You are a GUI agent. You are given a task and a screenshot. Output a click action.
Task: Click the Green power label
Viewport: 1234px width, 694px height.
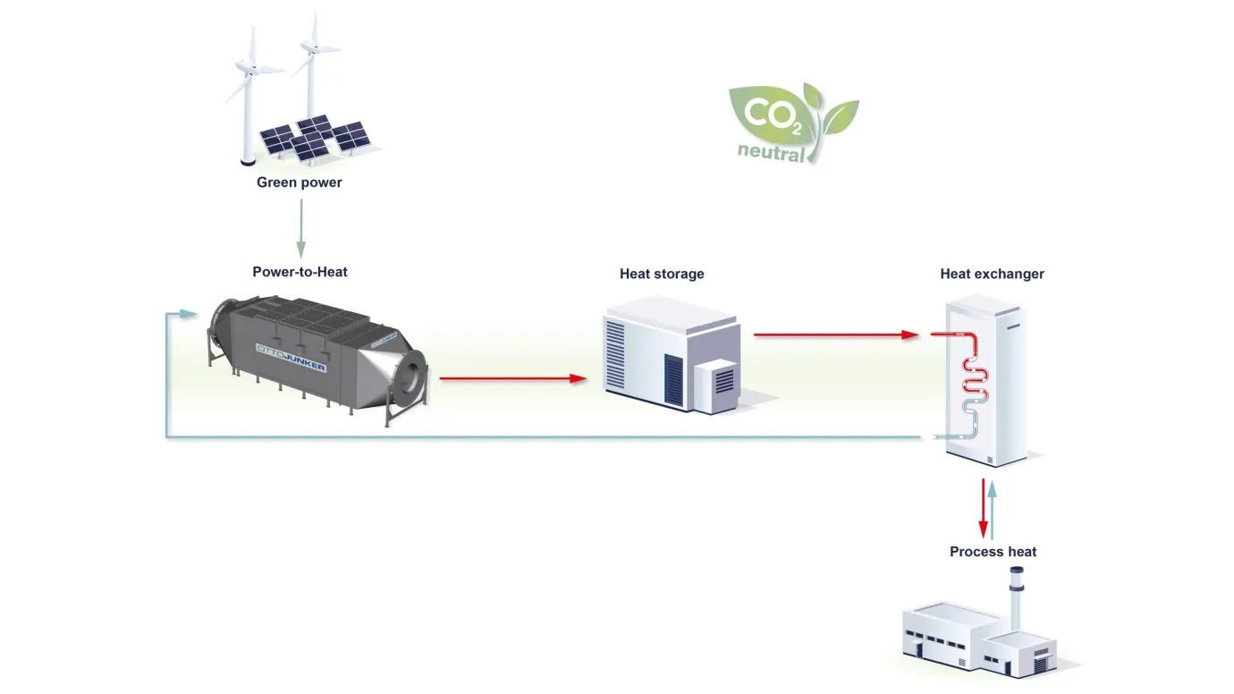point(300,182)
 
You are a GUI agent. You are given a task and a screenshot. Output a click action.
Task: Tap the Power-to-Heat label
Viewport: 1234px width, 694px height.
point(300,272)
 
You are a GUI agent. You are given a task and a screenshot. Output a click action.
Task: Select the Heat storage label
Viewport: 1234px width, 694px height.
point(662,274)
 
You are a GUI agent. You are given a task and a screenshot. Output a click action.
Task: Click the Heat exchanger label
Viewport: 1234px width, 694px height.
point(992,274)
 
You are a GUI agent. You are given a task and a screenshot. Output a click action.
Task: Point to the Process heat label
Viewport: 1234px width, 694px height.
point(993,551)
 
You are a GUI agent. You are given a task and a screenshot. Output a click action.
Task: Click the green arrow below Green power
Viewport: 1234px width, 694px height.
point(300,229)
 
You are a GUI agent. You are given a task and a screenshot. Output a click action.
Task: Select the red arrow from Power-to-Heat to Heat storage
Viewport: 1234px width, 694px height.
point(513,378)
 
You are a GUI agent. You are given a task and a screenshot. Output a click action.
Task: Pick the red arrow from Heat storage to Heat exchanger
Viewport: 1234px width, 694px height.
point(836,334)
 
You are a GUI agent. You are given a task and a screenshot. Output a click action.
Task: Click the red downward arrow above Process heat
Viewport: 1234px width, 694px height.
point(983,508)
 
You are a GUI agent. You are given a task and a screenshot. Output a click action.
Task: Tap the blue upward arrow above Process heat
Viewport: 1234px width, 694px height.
point(993,510)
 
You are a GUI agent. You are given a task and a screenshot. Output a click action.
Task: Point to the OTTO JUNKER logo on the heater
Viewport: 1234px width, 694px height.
point(291,357)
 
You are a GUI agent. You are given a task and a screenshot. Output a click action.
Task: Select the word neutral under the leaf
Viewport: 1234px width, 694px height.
point(771,151)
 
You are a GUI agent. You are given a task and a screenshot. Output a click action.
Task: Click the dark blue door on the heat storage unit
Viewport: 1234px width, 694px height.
point(673,381)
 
